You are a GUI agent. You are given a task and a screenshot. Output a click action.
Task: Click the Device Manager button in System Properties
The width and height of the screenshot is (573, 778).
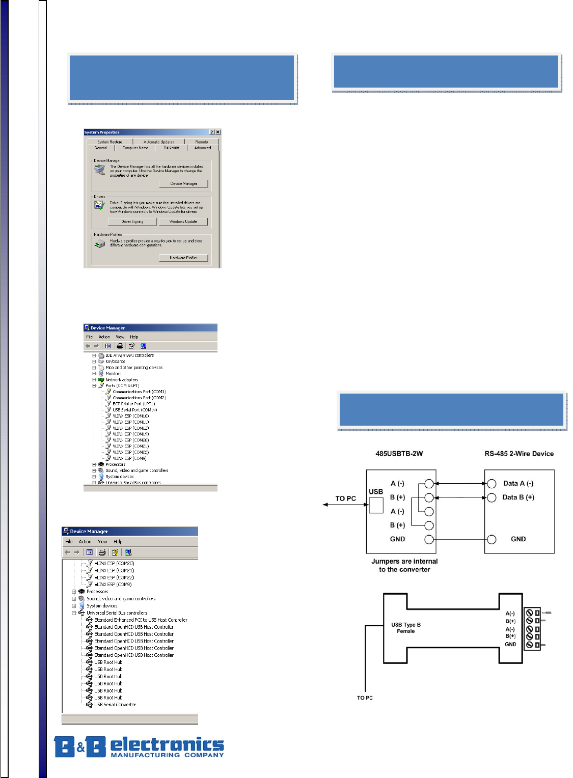point(183,183)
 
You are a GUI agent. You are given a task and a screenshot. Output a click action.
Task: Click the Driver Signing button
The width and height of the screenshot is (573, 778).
point(132,221)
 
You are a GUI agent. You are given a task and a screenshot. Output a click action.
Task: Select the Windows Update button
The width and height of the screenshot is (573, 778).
point(183,221)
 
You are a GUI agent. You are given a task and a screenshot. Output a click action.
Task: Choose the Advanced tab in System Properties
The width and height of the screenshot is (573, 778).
point(202,148)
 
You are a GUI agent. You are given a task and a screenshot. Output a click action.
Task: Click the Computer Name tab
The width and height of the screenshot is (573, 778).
point(135,148)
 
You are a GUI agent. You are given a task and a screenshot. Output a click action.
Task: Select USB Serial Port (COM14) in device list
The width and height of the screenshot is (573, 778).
point(134,410)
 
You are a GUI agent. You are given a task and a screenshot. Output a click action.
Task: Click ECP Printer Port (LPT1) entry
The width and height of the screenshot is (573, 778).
point(133,404)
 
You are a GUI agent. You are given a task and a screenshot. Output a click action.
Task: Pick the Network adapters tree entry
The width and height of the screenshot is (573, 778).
point(122,379)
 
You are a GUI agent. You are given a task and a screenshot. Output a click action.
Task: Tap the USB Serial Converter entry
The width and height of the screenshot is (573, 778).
point(115,705)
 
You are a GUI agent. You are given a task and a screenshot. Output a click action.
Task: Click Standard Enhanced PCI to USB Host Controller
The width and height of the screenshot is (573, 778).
point(141,620)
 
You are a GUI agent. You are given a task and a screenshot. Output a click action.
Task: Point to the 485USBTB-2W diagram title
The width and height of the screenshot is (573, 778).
point(399,454)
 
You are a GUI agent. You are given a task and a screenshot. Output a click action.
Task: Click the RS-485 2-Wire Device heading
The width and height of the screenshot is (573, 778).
point(519,454)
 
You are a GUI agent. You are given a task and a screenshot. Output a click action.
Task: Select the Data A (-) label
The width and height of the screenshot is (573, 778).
point(518,484)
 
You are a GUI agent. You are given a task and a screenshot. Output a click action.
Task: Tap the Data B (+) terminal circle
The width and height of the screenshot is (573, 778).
point(492,497)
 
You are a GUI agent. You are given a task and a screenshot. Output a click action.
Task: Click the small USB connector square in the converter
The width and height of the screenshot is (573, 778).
point(376,505)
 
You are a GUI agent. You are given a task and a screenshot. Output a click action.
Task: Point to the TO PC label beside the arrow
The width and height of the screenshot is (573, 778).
point(345,498)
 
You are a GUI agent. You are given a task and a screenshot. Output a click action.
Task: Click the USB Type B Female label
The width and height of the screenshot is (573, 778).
point(406,628)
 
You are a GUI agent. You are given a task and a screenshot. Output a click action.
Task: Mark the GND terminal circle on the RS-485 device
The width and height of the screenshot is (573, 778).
point(492,539)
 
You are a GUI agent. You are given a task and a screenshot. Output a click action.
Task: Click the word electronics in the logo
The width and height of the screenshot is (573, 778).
point(167,744)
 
